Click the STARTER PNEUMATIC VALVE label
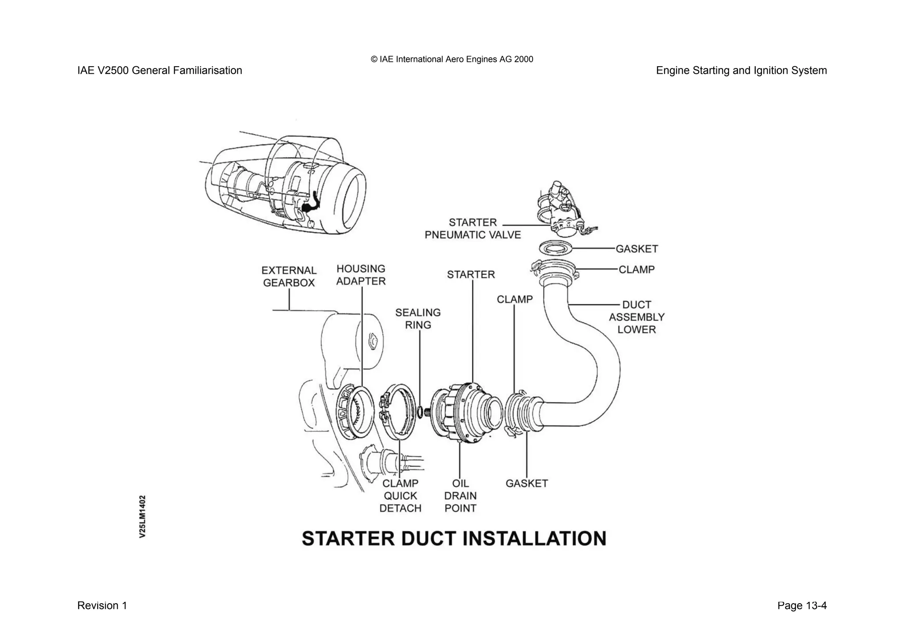click(x=472, y=229)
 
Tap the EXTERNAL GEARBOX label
click(x=289, y=276)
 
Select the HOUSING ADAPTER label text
click(x=361, y=275)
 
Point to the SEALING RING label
click(x=418, y=319)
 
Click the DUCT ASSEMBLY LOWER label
click(x=636, y=317)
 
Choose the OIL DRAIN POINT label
click(x=460, y=496)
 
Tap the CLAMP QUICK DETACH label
click(x=400, y=496)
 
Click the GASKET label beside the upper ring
click(x=636, y=249)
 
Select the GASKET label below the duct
click(x=526, y=484)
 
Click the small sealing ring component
click(x=420, y=412)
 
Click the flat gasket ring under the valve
click(x=555, y=249)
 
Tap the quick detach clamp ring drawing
click(x=397, y=412)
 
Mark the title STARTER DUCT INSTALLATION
click(x=454, y=539)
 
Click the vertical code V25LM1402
click(x=142, y=516)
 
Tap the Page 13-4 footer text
click(x=802, y=605)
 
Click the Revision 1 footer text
click(x=102, y=605)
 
